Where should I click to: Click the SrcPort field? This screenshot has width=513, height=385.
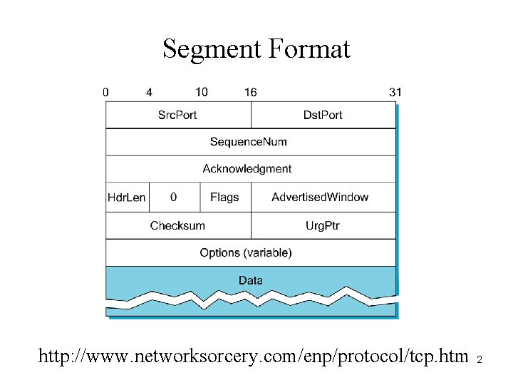coord(177,115)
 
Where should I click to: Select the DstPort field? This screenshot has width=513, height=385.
coord(323,115)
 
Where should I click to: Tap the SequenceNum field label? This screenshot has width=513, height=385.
coord(249,142)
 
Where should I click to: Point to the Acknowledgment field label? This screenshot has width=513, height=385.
coord(247,169)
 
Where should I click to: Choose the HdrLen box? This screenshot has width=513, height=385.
coord(126,197)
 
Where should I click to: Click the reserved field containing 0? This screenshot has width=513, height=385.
coord(174,197)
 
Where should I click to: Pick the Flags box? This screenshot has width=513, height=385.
coord(224,197)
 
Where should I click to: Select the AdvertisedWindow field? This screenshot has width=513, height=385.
coord(320,197)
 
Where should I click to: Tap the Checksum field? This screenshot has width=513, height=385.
coord(177,225)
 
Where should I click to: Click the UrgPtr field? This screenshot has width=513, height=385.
coord(323,225)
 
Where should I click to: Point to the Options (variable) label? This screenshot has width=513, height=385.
coord(246,253)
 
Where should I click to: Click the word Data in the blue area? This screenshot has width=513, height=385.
coord(251,280)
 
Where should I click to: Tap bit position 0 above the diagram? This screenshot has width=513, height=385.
coord(106,92)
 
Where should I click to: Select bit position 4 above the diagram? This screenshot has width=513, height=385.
coord(149,92)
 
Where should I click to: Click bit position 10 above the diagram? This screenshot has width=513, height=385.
coord(202,92)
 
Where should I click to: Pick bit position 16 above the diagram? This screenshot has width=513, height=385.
coord(250,92)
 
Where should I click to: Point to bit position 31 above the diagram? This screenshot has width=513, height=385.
coord(395,92)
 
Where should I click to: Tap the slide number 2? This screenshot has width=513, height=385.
coord(480,359)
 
